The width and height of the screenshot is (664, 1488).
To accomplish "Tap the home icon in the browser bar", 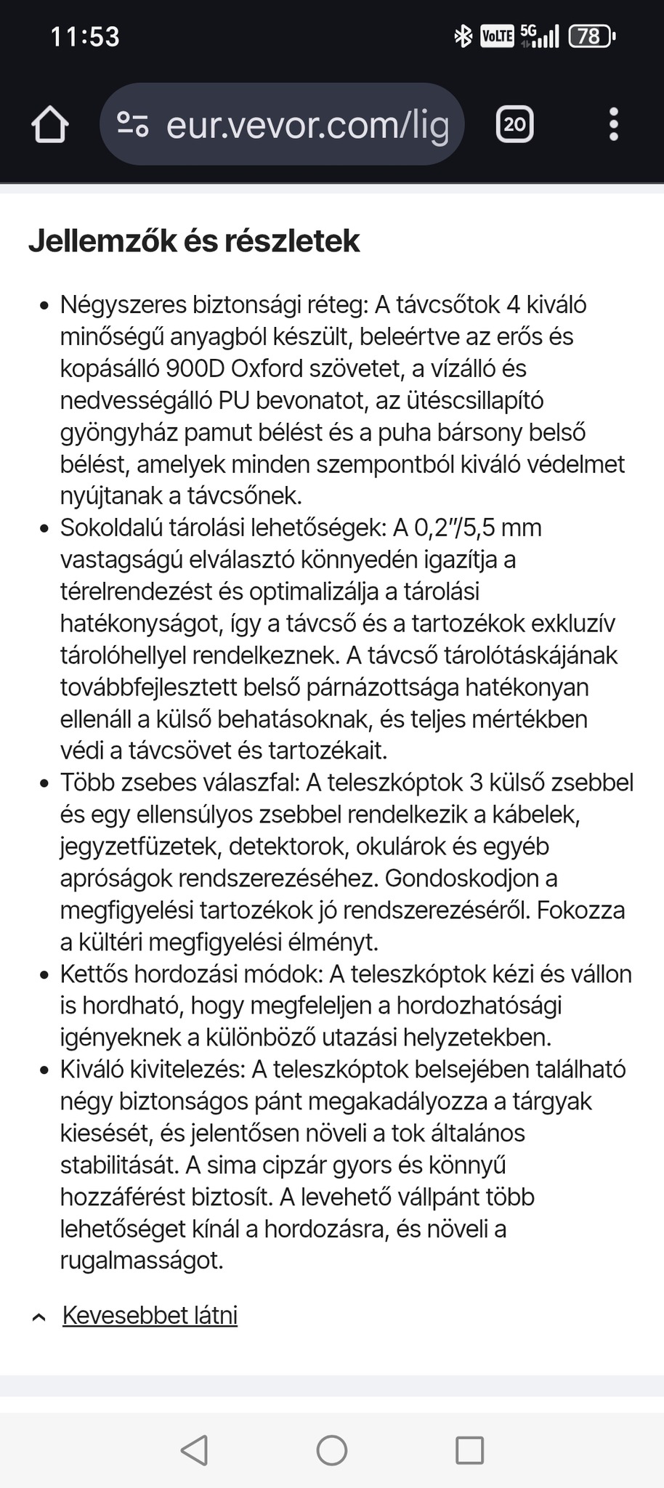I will coord(50,124).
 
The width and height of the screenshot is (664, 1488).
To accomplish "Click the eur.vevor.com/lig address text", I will coord(307,125).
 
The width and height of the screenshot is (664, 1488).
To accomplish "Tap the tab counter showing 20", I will coord(514,124).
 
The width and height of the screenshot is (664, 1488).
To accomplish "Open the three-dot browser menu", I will coord(614,124).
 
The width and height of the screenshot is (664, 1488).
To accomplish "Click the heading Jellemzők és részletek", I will coord(194,241).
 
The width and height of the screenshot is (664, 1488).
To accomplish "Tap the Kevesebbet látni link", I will coord(150,1315).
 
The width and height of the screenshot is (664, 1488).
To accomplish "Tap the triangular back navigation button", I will coord(194,1450).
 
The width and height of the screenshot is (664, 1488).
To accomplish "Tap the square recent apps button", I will coord(469,1450).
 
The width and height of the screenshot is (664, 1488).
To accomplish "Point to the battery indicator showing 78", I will coord(591,36).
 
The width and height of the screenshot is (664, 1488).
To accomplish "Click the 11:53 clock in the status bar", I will coord(85,36).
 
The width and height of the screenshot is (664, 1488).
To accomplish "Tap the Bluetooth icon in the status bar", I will coord(463,36).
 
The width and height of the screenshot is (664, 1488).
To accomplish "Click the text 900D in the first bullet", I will coord(195,369).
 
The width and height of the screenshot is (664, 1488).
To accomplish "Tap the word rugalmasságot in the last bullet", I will coord(142,1261).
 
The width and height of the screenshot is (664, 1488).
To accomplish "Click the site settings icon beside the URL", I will coord(133,124).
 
